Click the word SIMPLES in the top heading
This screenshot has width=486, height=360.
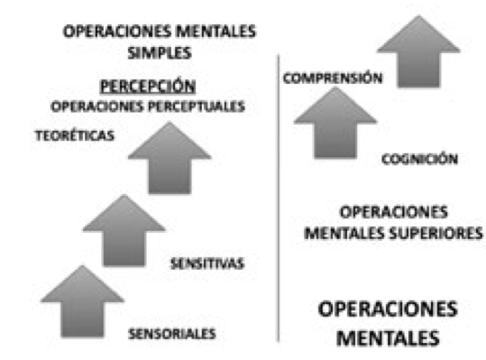(x=158, y=51)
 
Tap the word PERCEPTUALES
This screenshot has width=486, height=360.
(x=204, y=106)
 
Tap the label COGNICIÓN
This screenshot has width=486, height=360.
(x=420, y=160)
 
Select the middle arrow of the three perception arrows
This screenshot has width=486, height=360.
(x=124, y=231)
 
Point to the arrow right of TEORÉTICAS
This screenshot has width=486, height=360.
(x=170, y=159)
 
